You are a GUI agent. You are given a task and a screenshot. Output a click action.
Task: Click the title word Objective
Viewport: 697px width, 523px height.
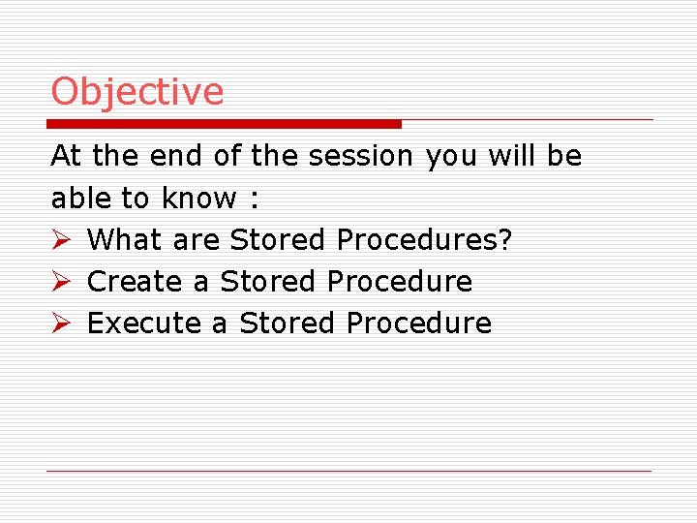point(137,92)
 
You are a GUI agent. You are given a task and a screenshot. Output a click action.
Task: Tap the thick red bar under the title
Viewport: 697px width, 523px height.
point(226,124)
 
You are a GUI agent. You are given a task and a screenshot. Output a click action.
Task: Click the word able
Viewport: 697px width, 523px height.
point(81,198)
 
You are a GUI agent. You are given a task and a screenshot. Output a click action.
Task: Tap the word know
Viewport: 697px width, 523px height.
point(198,198)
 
